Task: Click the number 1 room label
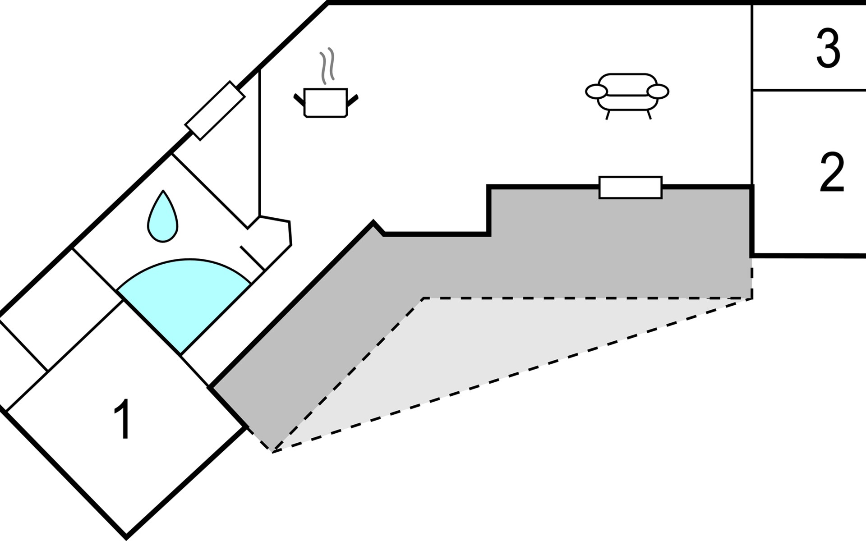pos(122,419)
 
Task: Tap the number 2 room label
pos(831,172)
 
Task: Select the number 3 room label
pos(828,49)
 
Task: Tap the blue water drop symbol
pos(163,218)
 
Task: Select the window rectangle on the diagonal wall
pos(215,110)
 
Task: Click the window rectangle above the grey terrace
pos(630,188)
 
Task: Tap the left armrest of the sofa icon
pos(596,92)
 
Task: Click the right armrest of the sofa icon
pos(658,92)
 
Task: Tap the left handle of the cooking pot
pos(299,99)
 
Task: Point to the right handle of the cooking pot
pos(352,99)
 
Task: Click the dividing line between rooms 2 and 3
pos(809,90)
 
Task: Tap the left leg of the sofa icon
pos(608,115)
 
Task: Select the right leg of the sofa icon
pos(649,115)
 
